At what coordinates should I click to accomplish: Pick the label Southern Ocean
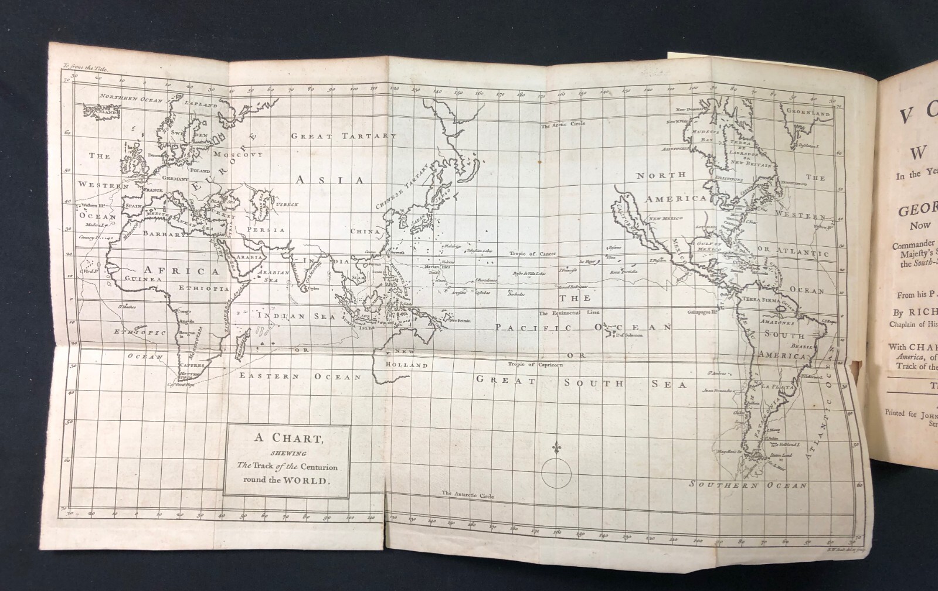pyautogui.click(x=748, y=485)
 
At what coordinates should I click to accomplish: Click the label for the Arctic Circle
pyautogui.click(x=562, y=125)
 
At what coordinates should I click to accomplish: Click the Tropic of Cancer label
pyautogui.click(x=532, y=253)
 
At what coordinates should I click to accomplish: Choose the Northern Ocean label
pyautogui.click(x=130, y=98)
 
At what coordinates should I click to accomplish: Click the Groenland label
pyautogui.click(x=808, y=113)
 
